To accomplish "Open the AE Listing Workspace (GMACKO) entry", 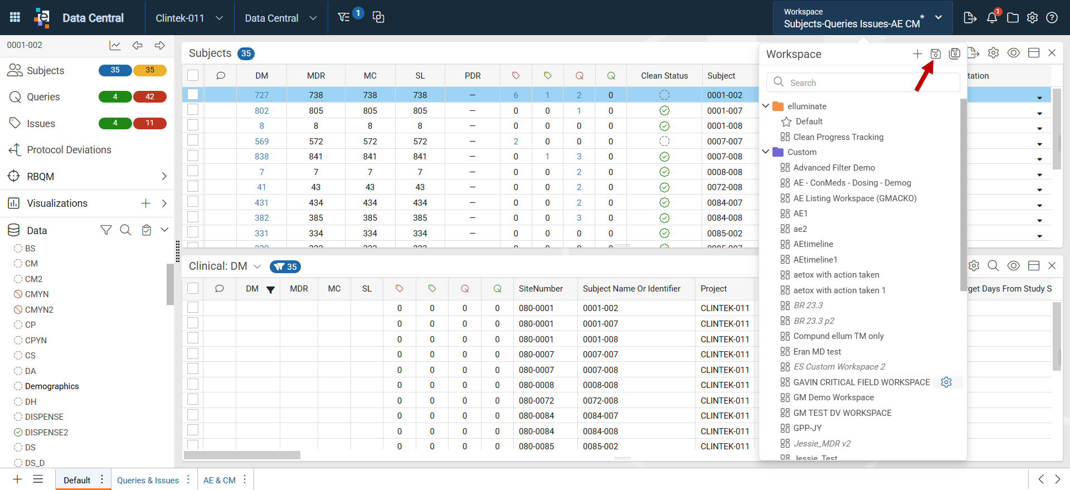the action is (854, 198).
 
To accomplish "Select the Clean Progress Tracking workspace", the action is (838, 137).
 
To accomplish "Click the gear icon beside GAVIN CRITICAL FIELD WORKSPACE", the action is (946, 382).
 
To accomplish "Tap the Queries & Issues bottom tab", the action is (148, 480).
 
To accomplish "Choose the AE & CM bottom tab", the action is (220, 480).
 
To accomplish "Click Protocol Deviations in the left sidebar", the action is (69, 150).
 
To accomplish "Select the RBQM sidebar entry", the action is (41, 177).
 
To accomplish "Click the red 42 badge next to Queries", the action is (150, 97).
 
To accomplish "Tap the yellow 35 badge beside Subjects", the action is (150, 70).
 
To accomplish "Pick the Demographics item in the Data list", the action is (52, 386).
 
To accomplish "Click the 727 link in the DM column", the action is (261, 95).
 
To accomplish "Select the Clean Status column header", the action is (664, 76).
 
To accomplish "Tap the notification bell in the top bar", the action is (992, 18).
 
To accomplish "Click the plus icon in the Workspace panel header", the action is (917, 54).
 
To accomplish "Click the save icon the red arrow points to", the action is (936, 54).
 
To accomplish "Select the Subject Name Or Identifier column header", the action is (631, 289).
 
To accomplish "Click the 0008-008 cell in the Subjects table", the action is (724, 172).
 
